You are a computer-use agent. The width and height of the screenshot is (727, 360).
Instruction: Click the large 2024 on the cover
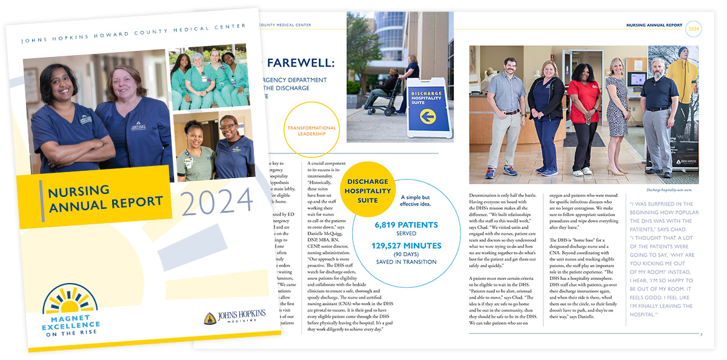point(217,200)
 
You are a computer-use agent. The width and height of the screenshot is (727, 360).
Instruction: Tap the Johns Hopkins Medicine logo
point(234,316)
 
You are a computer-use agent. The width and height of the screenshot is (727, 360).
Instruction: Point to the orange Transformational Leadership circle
point(311,131)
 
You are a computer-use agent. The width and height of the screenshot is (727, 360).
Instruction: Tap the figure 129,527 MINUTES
point(399,245)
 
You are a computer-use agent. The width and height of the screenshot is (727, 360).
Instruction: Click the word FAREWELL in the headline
point(299,62)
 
